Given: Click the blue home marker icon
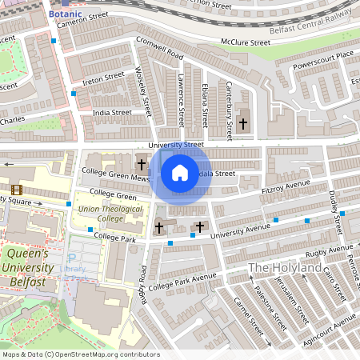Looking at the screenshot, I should pos(180,172).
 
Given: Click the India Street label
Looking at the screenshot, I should pos(111,114).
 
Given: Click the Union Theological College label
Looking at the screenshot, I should pos(101,214).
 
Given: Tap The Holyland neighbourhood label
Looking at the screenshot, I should pos(284,267).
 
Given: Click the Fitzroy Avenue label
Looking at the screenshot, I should pos(286,186).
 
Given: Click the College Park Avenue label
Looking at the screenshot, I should pos(182,282).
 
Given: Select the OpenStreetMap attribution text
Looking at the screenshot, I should pos(80,354).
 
